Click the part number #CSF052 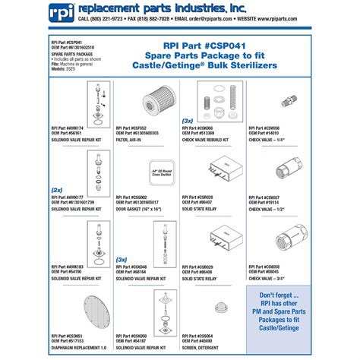145,128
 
